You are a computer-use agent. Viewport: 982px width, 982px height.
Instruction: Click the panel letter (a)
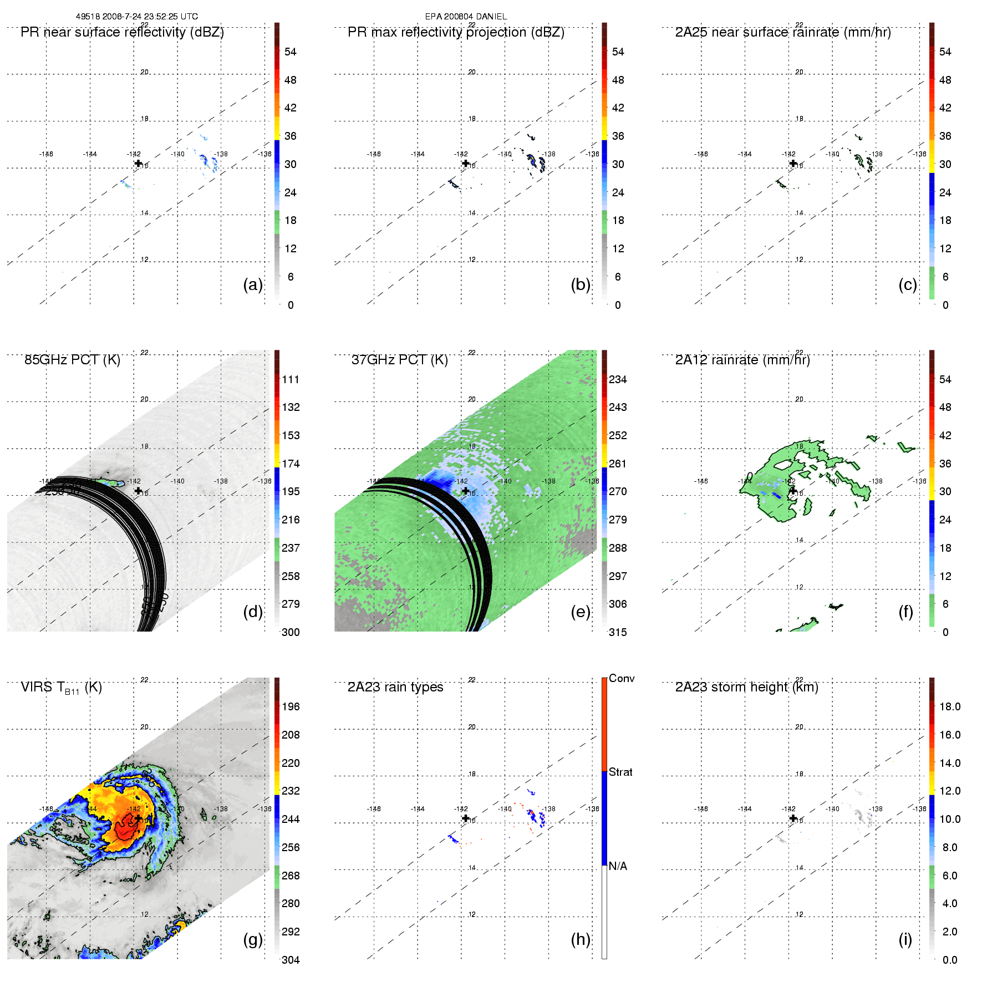coord(253,285)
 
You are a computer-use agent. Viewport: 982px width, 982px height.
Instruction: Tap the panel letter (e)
coord(580,612)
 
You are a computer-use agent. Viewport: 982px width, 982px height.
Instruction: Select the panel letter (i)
coord(905,939)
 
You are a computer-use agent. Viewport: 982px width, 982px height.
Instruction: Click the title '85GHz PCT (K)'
coord(72,360)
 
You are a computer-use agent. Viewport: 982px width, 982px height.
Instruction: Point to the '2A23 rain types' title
coord(395,687)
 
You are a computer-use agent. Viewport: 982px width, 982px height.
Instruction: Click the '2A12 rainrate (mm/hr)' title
coord(742,360)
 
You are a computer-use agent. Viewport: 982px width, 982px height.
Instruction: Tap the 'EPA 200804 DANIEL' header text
coord(466,17)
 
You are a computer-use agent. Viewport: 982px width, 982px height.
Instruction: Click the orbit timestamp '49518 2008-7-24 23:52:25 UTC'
coord(137,17)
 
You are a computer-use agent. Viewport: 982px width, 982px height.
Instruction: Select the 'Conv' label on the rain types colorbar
coord(622,679)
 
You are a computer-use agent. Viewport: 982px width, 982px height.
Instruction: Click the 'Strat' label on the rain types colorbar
coord(620,772)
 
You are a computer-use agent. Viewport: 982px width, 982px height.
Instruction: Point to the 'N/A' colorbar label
coord(618,866)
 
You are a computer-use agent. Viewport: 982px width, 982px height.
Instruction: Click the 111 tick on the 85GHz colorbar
coord(291,379)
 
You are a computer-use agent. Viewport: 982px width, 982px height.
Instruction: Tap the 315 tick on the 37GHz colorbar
coord(618,632)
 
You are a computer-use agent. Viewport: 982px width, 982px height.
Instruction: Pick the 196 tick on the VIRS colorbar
coord(291,706)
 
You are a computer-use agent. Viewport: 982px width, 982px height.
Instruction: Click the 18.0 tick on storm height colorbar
coord(950,706)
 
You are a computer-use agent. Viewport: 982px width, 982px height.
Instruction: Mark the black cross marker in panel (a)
coord(138,163)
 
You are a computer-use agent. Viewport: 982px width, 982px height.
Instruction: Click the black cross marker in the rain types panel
coord(466,818)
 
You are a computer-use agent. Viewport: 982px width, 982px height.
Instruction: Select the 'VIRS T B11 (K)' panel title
coord(61,688)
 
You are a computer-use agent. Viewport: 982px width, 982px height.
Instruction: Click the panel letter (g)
coord(253,939)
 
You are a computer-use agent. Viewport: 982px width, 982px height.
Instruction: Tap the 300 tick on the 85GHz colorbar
coord(291,632)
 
